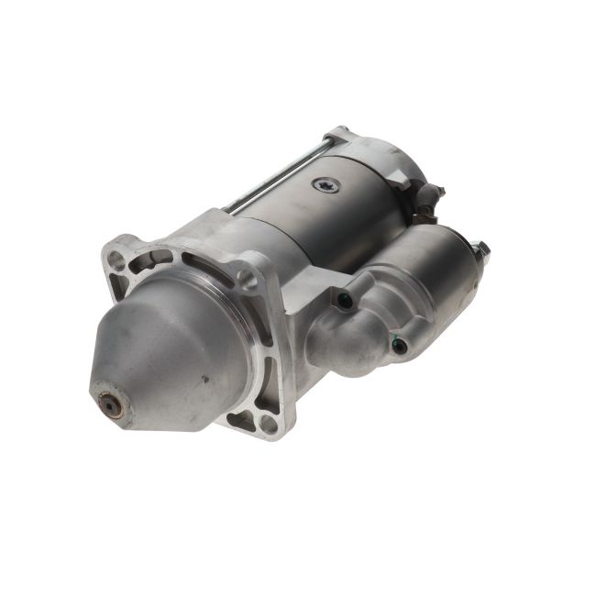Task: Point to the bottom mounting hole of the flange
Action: coord(268,424)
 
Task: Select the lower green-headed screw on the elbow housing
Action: coord(398,346)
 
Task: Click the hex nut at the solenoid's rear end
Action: coord(480,249)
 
